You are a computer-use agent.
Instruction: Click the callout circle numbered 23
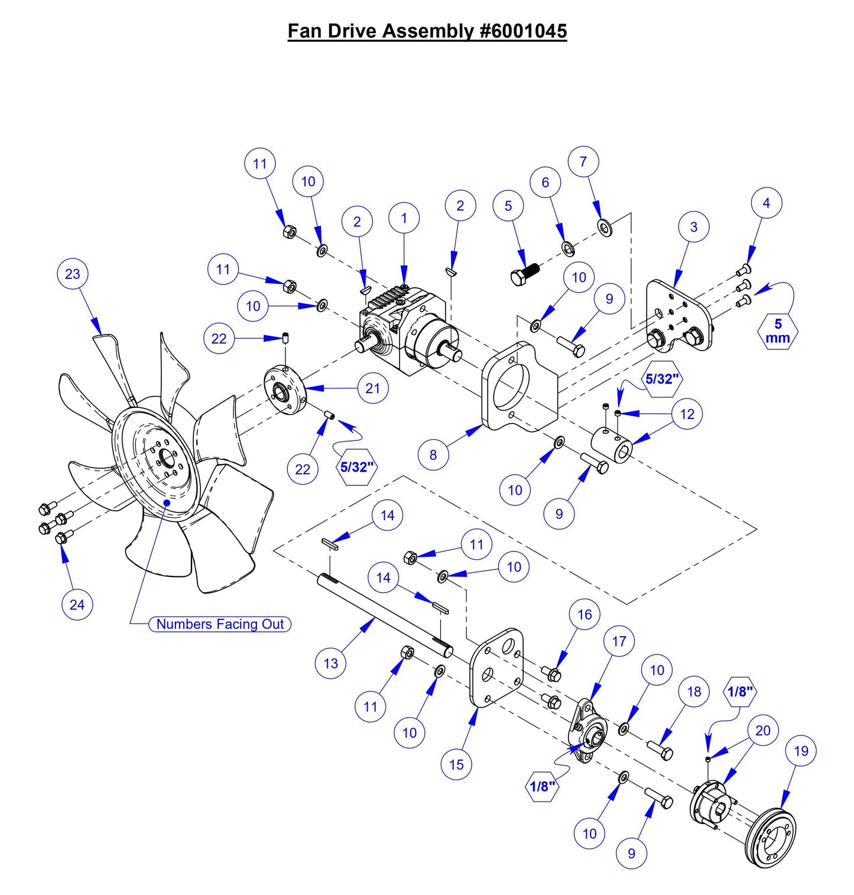[73, 274]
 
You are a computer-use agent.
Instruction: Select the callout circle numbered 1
[404, 218]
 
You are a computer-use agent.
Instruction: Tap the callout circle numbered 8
[433, 455]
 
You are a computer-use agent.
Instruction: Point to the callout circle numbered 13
[331, 663]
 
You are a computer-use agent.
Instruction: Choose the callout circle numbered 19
[801, 751]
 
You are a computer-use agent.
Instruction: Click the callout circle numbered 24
[77, 604]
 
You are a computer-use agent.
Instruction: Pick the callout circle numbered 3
[694, 227]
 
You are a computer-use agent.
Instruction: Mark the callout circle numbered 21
[373, 388]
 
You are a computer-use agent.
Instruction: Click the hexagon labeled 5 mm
[778, 332]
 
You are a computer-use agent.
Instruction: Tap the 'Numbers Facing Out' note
[220, 624]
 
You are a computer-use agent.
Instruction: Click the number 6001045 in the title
[524, 31]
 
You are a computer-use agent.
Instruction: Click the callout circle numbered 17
[619, 641]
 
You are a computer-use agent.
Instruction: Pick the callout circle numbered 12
[687, 414]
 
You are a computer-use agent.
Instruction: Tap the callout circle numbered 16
[585, 615]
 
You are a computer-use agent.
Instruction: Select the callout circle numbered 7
[583, 161]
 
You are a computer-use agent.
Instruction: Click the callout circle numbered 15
[456, 764]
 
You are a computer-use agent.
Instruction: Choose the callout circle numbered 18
[694, 692]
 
